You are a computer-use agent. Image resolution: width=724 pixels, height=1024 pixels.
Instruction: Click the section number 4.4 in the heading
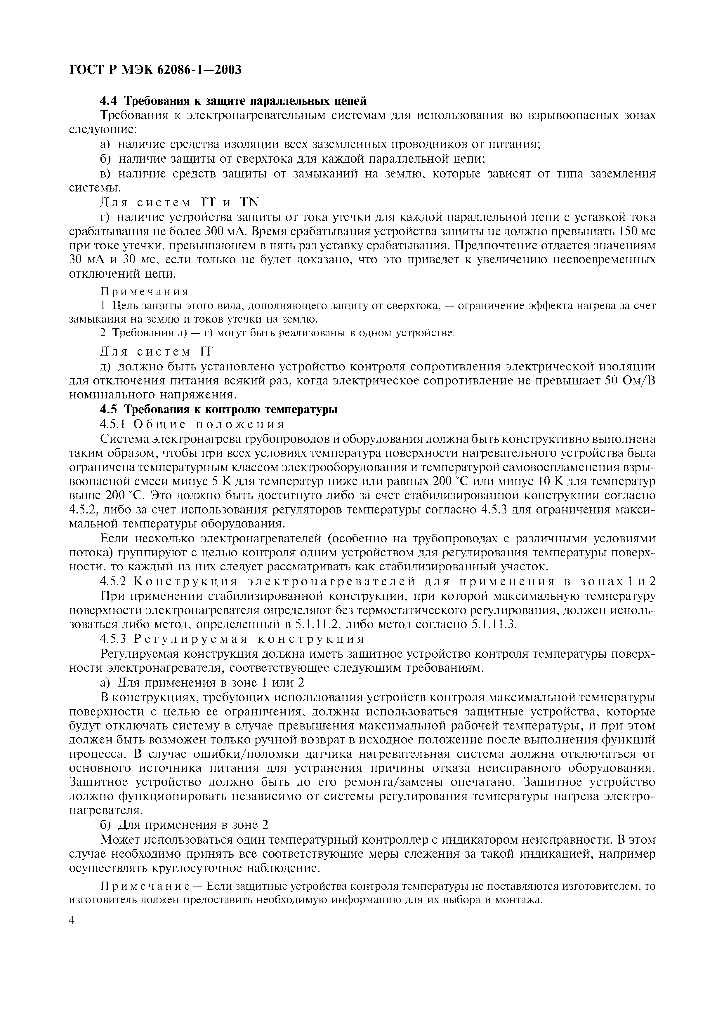click(x=110, y=101)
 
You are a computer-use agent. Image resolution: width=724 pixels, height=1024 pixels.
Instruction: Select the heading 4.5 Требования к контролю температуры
click(x=218, y=410)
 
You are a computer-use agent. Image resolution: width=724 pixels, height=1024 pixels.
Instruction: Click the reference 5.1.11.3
click(x=493, y=624)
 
